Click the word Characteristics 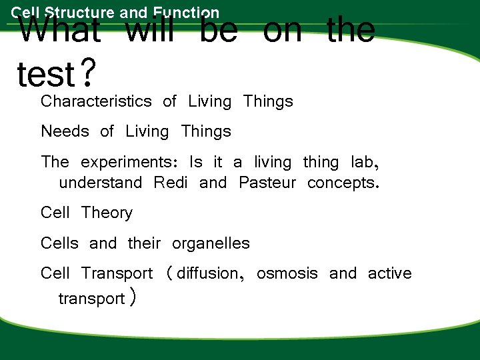[96, 102]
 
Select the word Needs [65, 131]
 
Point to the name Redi [170, 183]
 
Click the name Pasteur [267, 183]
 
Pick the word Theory [107, 213]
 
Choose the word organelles [211, 243]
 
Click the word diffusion [207, 273]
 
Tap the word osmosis [287, 273]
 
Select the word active [389, 273]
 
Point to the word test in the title [45, 75]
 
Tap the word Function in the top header [185, 12]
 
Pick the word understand [100, 183]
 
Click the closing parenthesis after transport [133, 298]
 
